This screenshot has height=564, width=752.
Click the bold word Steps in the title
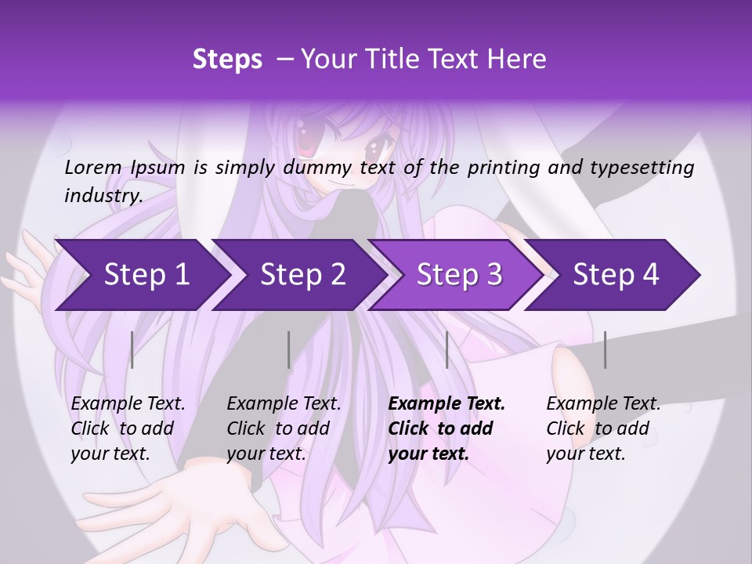[227, 59]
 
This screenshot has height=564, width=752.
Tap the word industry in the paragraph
[103, 195]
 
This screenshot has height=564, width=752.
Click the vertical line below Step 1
[132, 349]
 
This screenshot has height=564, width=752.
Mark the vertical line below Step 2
[289, 349]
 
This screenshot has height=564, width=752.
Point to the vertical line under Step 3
[446, 349]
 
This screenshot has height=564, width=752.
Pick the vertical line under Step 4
[605, 349]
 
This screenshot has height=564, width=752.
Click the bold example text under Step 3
[446, 428]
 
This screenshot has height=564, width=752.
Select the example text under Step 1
[128, 428]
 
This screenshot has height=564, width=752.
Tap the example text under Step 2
[284, 428]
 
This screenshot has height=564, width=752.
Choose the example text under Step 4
[603, 428]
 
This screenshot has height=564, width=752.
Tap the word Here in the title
[518, 59]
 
